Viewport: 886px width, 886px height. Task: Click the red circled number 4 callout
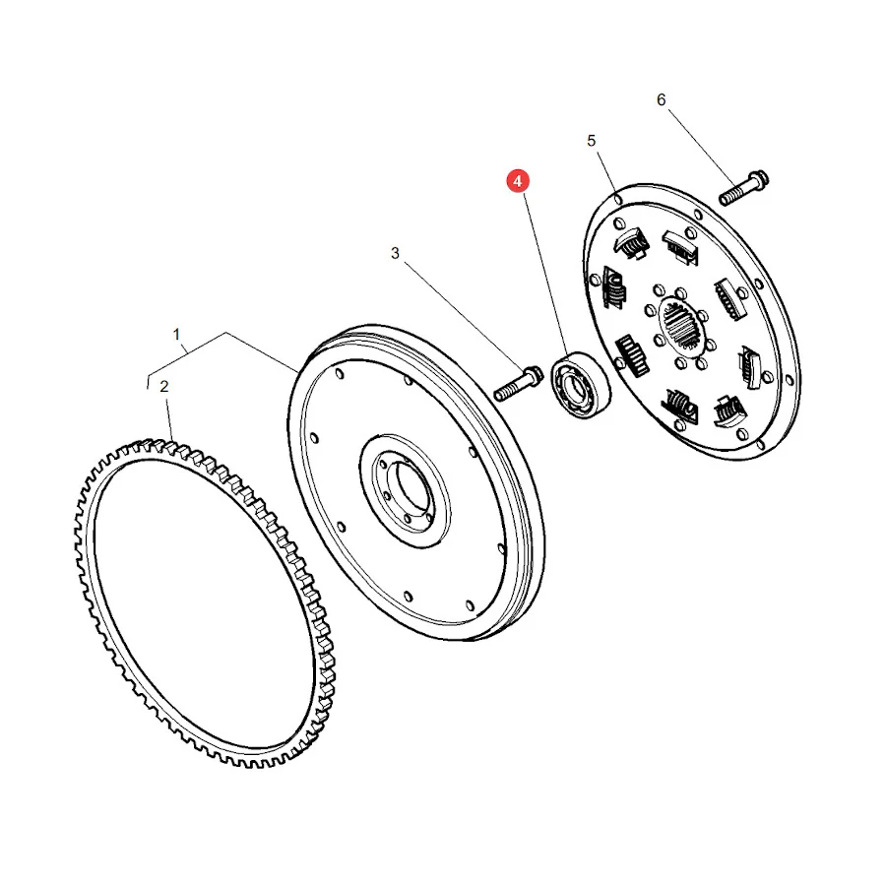pyautogui.click(x=518, y=181)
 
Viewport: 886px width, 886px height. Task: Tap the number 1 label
pyautogui.click(x=176, y=335)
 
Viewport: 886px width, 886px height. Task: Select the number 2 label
pyautogui.click(x=163, y=387)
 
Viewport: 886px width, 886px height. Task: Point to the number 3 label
pyautogui.click(x=395, y=253)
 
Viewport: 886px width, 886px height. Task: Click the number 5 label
pyautogui.click(x=591, y=141)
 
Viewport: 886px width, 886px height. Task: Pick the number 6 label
pyautogui.click(x=662, y=100)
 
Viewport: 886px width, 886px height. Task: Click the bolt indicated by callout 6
pyautogui.click(x=743, y=188)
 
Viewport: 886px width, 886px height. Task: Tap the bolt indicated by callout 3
pyautogui.click(x=518, y=383)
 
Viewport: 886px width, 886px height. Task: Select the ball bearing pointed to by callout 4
pyautogui.click(x=581, y=384)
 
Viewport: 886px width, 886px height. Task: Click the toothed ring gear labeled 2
pyautogui.click(x=205, y=602)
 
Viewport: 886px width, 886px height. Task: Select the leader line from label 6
pyautogui.click(x=702, y=148)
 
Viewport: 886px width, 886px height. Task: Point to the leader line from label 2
pyautogui.click(x=169, y=418)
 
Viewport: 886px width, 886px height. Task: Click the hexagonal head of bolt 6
pyautogui.click(x=758, y=179)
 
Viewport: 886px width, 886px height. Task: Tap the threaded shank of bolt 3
pyautogui.click(x=507, y=391)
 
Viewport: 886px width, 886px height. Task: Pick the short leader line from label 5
pyautogui.click(x=606, y=170)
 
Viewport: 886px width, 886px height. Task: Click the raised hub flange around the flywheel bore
pyautogui.click(x=405, y=490)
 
